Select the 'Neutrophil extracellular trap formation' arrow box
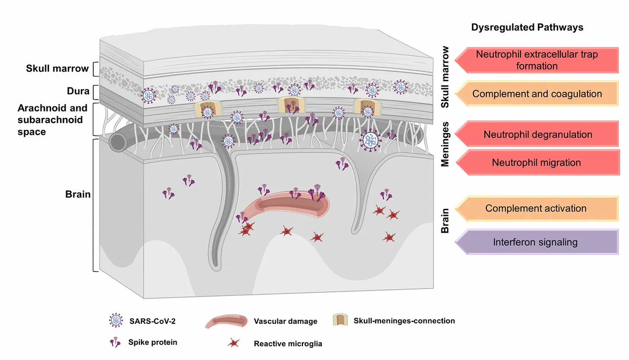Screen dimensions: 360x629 point(535,60)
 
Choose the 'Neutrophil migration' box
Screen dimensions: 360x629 point(536,162)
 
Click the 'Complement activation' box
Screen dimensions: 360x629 point(535,208)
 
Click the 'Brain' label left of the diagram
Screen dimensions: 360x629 point(79,194)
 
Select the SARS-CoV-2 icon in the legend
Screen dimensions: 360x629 point(114,320)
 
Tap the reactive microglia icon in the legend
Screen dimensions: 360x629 point(232,344)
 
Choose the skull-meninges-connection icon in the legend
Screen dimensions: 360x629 point(340,320)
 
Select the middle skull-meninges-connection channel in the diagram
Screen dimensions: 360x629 point(288,104)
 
